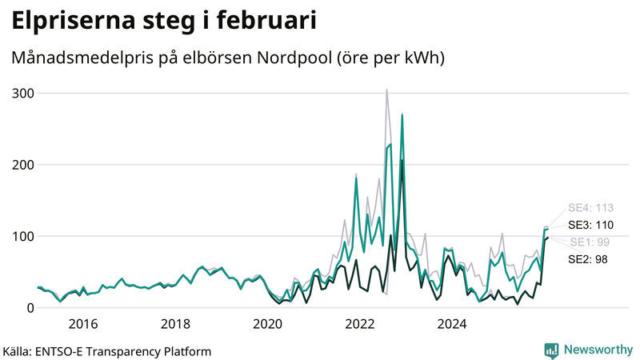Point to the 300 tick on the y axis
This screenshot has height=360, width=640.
(x=22, y=94)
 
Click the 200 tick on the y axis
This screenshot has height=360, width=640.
(x=22, y=165)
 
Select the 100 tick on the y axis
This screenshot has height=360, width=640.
(x=22, y=236)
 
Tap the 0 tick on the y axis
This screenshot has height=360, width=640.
(x=30, y=308)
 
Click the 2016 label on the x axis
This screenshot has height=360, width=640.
(x=83, y=324)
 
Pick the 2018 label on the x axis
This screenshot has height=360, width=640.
(x=175, y=324)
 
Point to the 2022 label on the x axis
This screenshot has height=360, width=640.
(x=360, y=324)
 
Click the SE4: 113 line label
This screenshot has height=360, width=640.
(x=590, y=208)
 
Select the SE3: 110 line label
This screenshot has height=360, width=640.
(x=590, y=225)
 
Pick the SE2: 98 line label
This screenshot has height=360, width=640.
(x=588, y=259)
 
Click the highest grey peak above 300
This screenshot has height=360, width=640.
(x=386, y=90)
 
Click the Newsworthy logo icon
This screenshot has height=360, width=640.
(x=551, y=350)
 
